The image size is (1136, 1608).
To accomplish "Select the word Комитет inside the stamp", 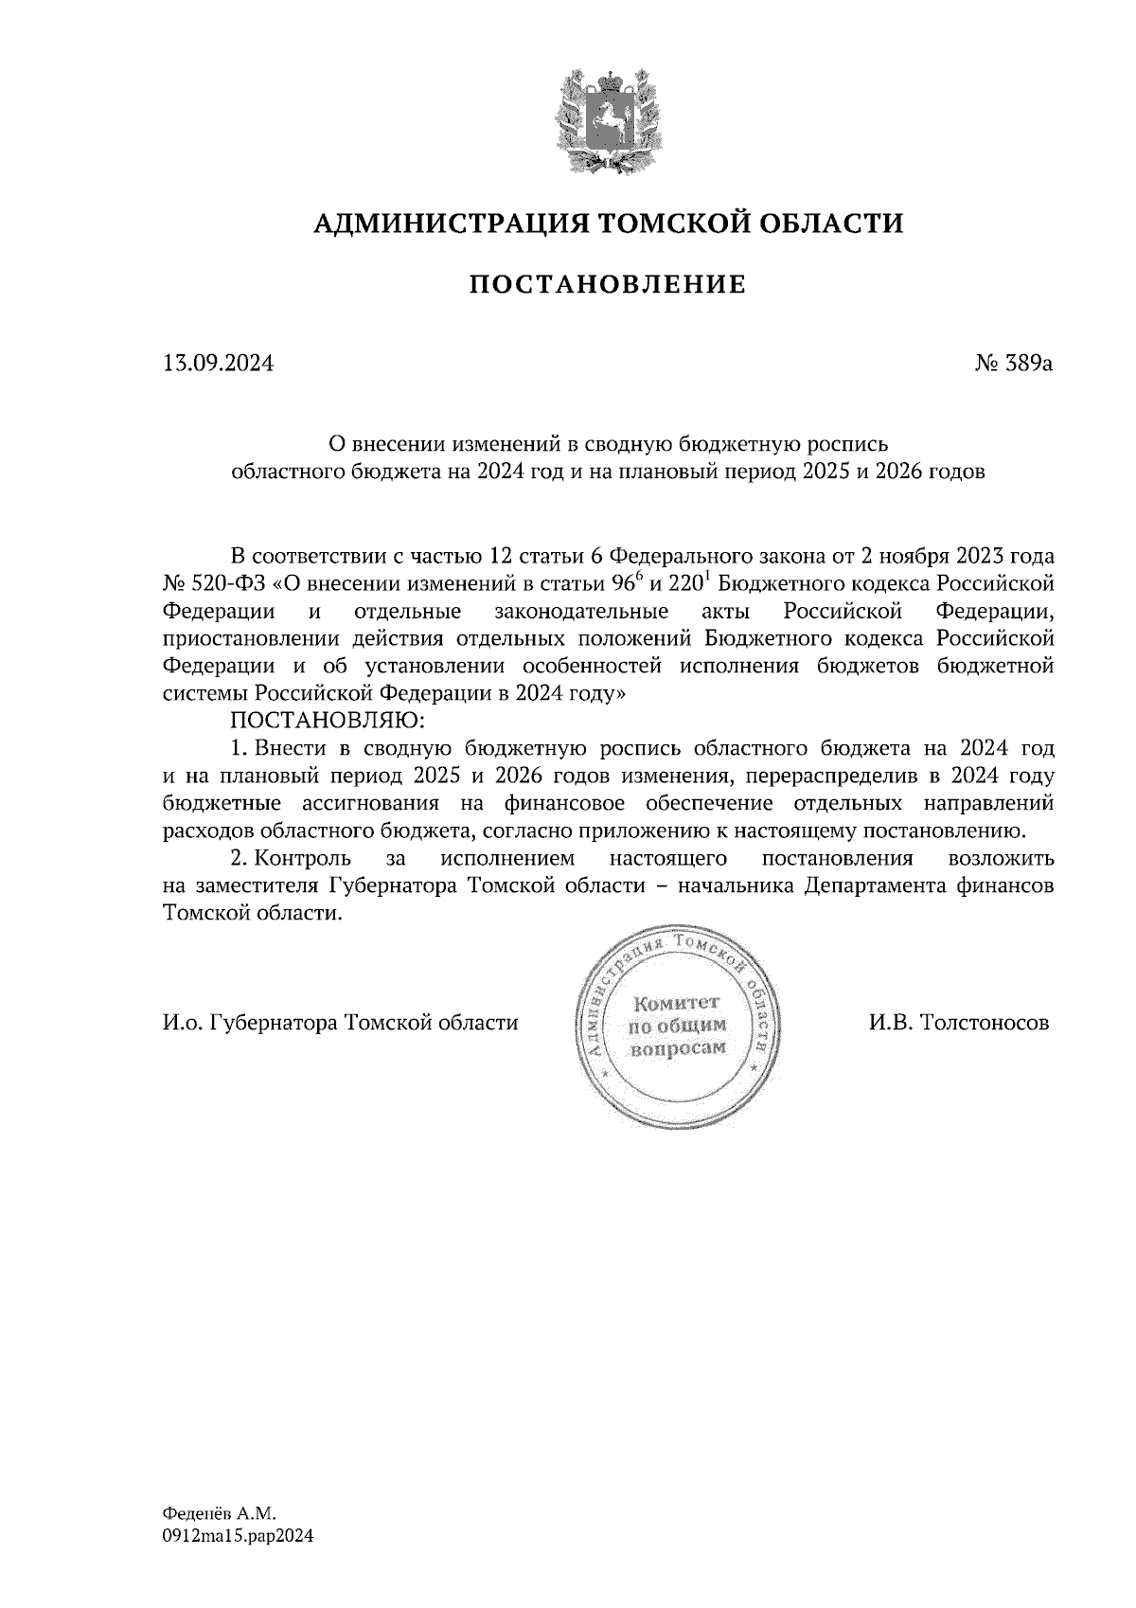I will (x=677, y=1003).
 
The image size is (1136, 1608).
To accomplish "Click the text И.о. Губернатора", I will (x=251, y=1023).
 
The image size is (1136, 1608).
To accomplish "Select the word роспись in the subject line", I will (x=849, y=442).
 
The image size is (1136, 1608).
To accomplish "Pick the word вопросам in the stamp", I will (x=677, y=1048).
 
